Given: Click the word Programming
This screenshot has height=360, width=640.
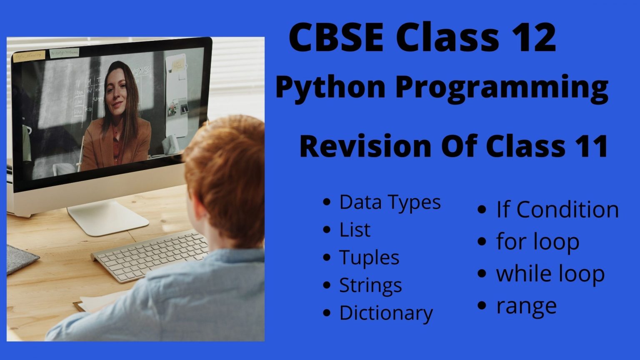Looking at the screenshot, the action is [x=502, y=88].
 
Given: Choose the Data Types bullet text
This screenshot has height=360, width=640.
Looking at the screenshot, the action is [x=390, y=202].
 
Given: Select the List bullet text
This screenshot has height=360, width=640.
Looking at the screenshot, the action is [x=355, y=230].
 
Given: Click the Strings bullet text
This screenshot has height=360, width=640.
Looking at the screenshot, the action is [x=370, y=285].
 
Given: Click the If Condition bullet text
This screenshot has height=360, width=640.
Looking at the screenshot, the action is [x=557, y=210].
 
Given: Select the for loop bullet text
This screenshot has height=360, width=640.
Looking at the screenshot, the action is [x=538, y=242].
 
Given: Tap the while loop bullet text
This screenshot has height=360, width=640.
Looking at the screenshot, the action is [x=550, y=273].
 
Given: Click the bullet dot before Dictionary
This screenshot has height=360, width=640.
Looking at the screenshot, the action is [x=326, y=312].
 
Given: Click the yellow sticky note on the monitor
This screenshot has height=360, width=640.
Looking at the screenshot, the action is [x=29, y=56].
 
